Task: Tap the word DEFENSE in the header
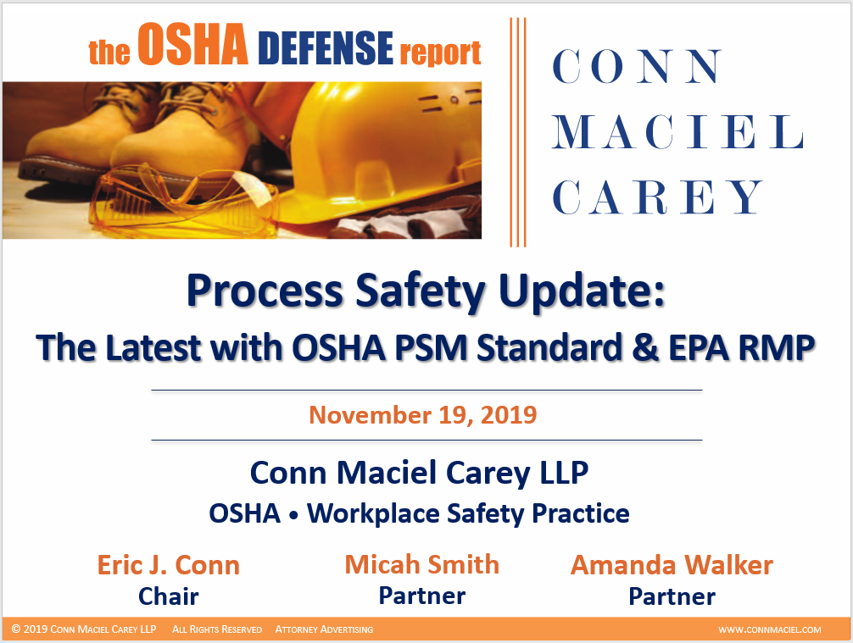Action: click(326, 50)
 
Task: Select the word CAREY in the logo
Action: click(658, 197)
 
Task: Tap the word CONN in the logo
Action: click(638, 68)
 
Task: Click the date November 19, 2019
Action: click(422, 415)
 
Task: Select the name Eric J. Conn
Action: click(168, 565)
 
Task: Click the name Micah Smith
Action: click(421, 564)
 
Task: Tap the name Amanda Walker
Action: click(672, 565)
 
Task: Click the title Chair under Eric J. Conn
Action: click(168, 596)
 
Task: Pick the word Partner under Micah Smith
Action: click(421, 596)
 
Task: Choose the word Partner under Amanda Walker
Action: click(672, 596)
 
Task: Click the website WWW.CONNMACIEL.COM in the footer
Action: click(769, 629)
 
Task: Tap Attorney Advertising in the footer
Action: click(323, 629)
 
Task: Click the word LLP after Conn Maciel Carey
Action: click(558, 473)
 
